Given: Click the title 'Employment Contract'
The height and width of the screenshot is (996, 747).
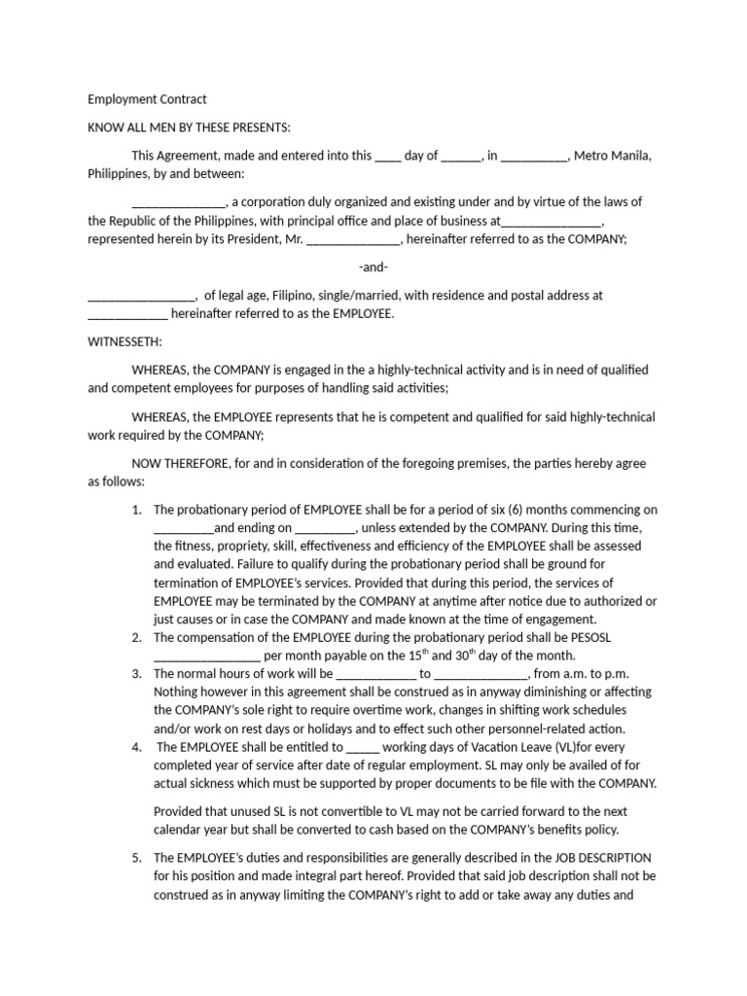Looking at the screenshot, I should (147, 99).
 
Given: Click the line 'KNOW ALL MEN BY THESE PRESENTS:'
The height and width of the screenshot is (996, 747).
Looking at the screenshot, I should (189, 127).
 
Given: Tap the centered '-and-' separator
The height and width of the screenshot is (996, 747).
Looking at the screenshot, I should (373, 267).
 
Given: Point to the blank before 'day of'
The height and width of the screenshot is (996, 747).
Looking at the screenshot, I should (387, 156).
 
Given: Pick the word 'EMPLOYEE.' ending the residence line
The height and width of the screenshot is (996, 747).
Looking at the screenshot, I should (365, 313).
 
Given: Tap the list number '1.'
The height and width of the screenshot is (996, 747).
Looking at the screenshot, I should (137, 510).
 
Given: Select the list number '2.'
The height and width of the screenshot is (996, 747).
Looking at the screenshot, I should (137, 637).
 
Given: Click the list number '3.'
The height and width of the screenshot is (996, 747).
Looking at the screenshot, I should (137, 673).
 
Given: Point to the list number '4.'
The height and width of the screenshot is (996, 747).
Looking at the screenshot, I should (137, 748).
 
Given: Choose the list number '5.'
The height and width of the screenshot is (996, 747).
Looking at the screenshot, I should (137, 858).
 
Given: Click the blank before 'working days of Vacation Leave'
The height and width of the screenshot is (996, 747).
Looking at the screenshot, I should (363, 748).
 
